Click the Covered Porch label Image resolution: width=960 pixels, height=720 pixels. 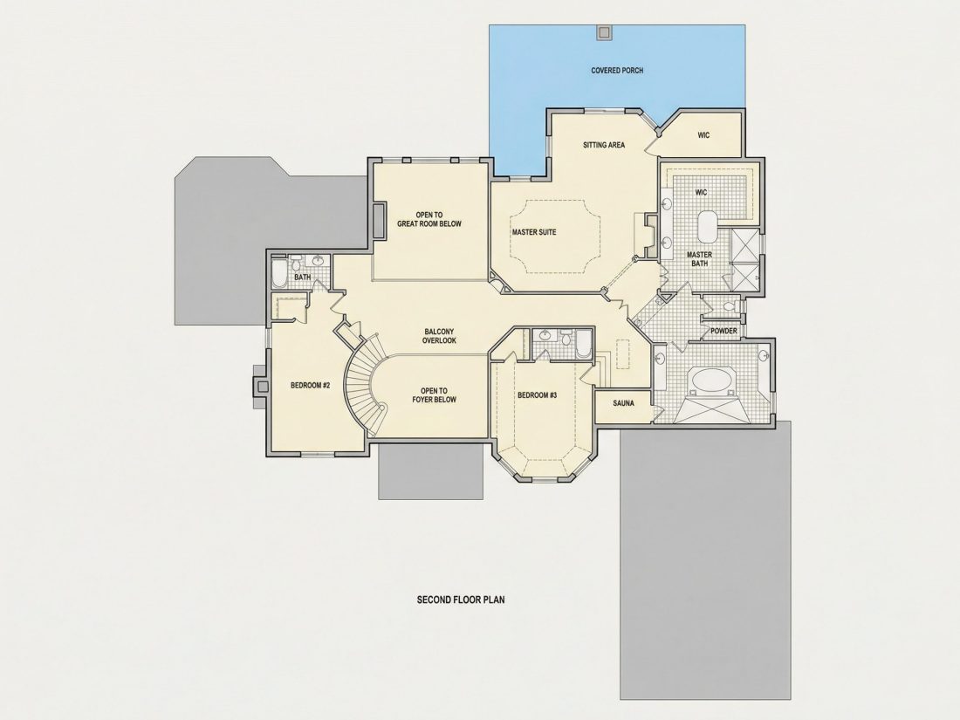tap(617, 71)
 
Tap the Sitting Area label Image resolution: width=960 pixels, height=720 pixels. tap(603, 145)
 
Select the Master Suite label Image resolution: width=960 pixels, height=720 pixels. tap(534, 232)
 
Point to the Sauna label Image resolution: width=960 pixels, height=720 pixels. tap(623, 404)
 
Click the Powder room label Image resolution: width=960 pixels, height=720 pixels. tap(723, 332)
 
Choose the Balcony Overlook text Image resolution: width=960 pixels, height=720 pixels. tap(439, 336)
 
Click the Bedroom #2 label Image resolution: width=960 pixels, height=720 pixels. tap(310, 386)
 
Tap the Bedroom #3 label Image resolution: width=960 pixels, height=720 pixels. tap(537, 395)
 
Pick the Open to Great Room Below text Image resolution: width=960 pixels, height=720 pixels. tap(429, 219)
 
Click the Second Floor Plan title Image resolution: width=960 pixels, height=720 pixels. tap(462, 600)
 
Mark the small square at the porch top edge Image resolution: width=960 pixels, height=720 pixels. tap(603, 32)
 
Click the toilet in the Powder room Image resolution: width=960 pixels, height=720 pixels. tap(730, 306)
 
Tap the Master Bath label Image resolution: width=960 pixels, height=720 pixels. tap(699, 260)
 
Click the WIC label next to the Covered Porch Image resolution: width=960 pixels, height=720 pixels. tap(703, 135)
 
